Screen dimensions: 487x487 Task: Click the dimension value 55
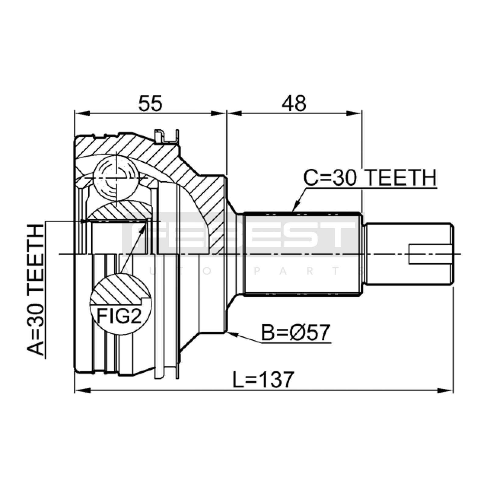coord(150,103)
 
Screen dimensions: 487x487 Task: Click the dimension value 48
coord(294,103)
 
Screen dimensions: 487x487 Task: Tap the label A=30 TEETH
coord(36,290)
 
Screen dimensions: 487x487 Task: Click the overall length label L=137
coord(263,380)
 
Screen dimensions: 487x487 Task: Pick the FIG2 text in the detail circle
coord(119,316)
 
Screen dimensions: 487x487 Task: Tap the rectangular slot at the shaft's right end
coord(429,254)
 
